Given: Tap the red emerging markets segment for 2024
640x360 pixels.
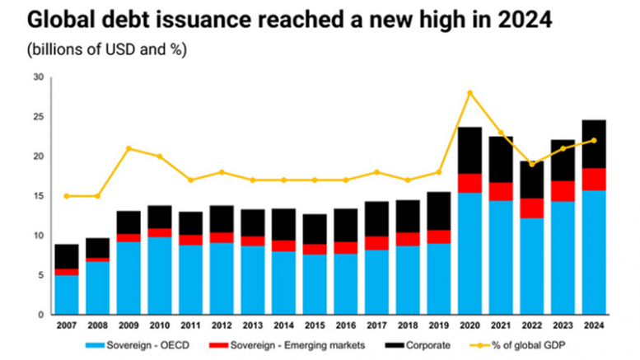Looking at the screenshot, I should tap(594, 179).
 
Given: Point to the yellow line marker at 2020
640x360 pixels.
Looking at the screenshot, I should tap(469, 92).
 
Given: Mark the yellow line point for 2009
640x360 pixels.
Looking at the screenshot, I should tap(128, 148).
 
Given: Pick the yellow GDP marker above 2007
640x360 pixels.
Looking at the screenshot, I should tap(67, 196).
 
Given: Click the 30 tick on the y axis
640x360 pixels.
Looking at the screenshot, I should tap(37, 77).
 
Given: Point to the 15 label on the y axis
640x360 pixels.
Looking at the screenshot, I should tap(37, 196).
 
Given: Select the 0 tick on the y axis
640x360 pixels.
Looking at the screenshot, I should tap(40, 315).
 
